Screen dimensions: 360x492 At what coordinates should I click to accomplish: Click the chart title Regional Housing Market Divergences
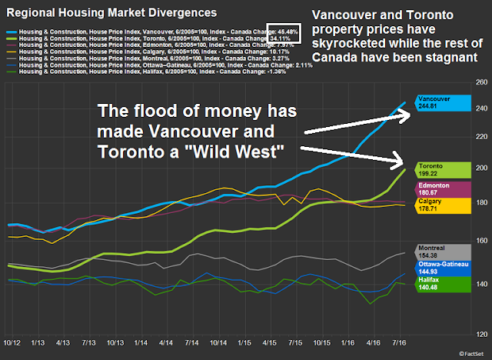point(107,12)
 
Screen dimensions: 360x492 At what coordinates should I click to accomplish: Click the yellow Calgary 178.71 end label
point(441,205)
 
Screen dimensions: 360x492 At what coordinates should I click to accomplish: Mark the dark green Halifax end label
point(441,284)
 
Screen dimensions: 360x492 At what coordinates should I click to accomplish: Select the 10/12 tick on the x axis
point(12,341)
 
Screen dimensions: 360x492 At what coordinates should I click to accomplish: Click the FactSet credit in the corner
point(471,354)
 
